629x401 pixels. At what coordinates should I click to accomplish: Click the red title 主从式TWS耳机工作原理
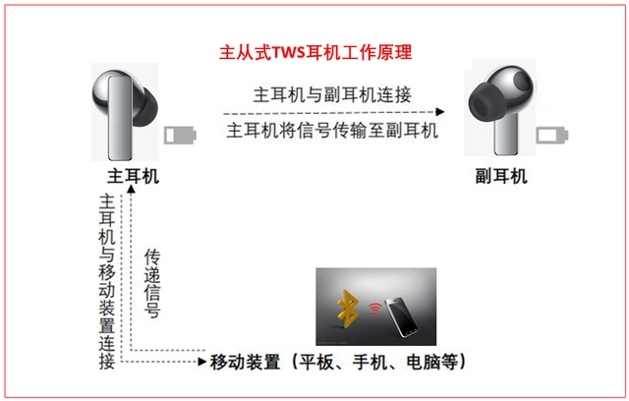tap(315, 50)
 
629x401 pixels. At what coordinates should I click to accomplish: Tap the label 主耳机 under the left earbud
tap(133, 176)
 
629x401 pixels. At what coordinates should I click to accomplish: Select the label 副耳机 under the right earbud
tap(501, 176)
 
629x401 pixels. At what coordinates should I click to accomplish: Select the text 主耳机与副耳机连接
tap(332, 94)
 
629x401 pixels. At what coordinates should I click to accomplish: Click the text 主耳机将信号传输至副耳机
tap(332, 131)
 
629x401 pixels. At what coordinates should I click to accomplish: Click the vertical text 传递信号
tap(152, 282)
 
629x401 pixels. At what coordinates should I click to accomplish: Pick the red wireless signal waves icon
tap(373, 307)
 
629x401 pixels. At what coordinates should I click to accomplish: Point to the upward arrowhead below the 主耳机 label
tap(125, 194)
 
